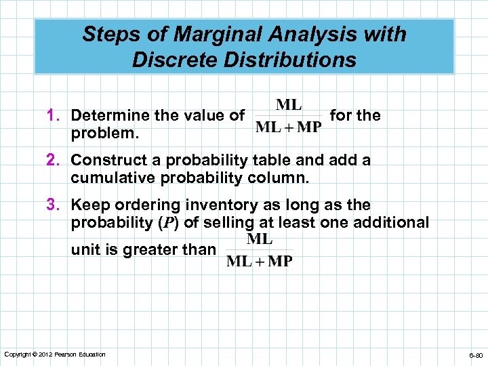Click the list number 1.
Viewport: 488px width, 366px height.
point(60,116)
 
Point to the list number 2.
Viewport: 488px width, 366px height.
point(60,161)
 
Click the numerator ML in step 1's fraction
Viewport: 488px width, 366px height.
point(289,105)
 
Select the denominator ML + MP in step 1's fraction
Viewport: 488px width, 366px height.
point(289,128)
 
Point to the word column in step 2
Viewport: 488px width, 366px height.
point(281,178)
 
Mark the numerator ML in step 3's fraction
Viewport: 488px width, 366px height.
point(260,239)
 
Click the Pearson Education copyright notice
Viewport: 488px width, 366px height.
point(55,354)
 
